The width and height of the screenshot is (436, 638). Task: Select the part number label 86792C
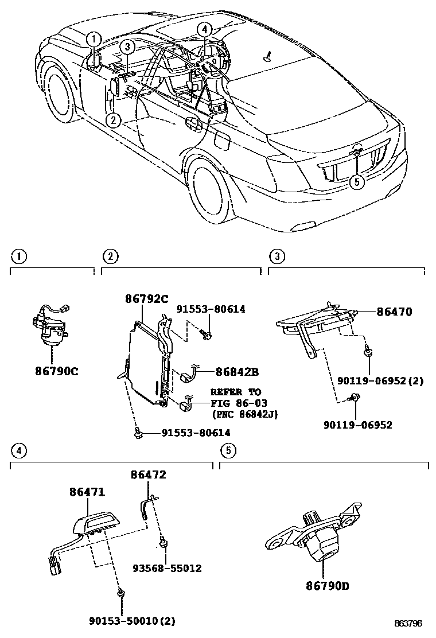(147, 298)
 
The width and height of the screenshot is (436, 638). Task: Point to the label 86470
(394, 312)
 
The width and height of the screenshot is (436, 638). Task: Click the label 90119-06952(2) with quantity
(381, 380)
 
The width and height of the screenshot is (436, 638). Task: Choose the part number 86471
(88, 492)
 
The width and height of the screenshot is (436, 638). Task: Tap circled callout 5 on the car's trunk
(357, 182)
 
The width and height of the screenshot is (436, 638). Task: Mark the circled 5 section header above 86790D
(228, 450)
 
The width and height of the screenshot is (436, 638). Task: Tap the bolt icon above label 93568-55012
(163, 541)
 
